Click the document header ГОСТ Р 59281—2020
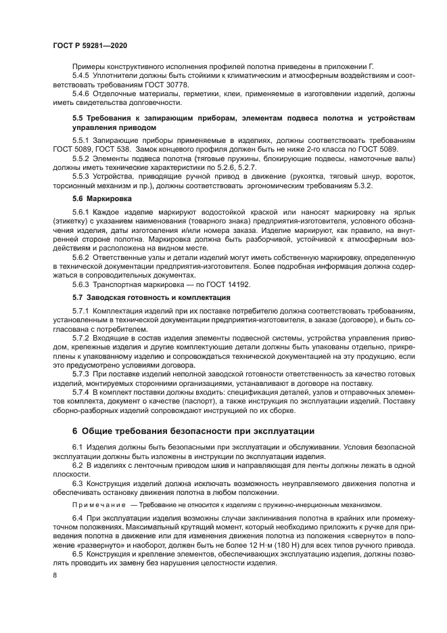[89, 45]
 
